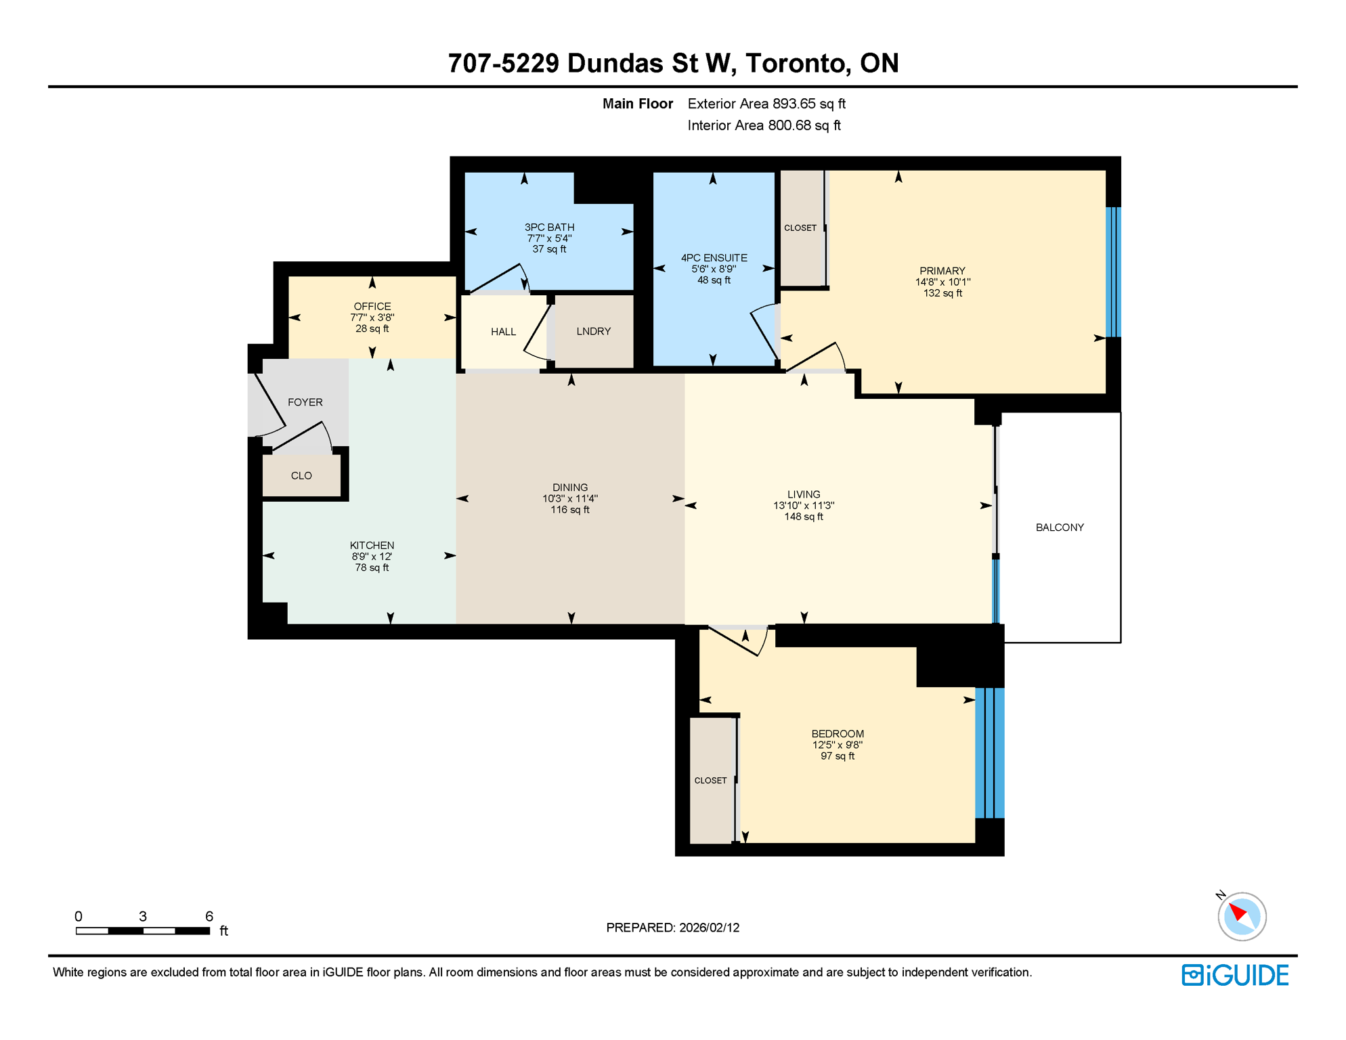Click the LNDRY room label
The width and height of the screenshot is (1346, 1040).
click(593, 331)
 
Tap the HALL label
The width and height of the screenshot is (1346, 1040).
click(503, 332)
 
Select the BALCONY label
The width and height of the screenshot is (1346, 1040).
click(1059, 527)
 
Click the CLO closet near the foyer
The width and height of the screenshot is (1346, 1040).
click(301, 476)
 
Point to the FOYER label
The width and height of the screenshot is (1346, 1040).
click(305, 402)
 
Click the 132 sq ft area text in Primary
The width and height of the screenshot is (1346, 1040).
click(942, 293)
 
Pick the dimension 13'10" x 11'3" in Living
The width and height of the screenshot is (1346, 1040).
click(803, 506)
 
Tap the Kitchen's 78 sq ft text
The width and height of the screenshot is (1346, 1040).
click(372, 568)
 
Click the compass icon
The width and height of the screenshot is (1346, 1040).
click(1241, 916)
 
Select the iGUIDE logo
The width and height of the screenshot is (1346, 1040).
click(1235, 975)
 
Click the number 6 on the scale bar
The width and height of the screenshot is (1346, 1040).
click(209, 916)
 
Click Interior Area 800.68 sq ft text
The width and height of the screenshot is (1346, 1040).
click(764, 125)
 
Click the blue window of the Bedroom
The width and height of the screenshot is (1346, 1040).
click(989, 752)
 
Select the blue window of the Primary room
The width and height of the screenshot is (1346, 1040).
click(1112, 272)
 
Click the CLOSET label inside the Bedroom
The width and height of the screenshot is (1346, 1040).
click(710, 781)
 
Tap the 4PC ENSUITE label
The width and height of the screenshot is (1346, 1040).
click(714, 258)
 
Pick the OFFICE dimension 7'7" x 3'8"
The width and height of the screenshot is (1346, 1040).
click(372, 318)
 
